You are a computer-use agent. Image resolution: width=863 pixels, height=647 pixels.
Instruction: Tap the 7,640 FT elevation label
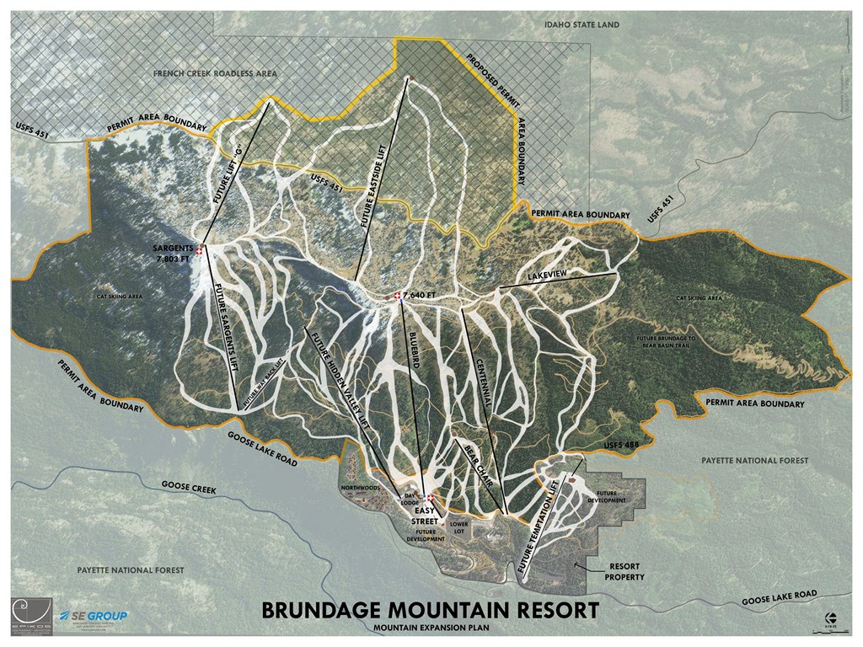click(419, 296)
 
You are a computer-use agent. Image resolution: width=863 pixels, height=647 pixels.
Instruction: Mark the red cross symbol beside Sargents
click(200, 249)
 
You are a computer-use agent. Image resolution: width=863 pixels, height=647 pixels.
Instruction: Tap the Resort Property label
click(623, 572)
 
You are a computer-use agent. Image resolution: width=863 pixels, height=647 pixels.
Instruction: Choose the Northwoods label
click(362, 488)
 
